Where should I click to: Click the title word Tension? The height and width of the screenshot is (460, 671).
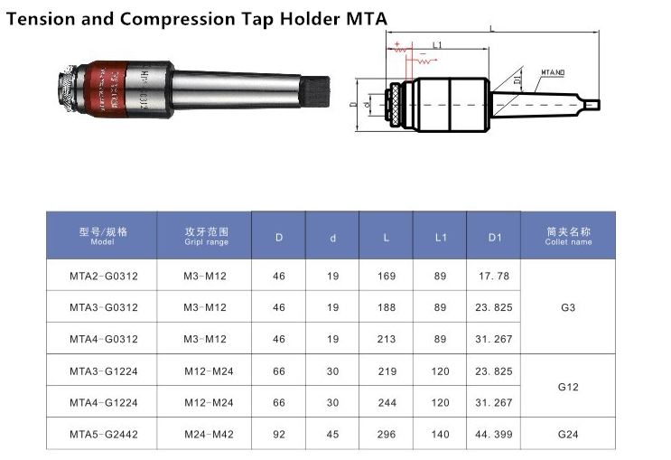(39, 16)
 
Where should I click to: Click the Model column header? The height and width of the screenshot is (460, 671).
(103, 236)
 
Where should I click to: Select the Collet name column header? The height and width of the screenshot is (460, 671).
(568, 236)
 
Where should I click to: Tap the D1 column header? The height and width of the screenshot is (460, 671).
(494, 237)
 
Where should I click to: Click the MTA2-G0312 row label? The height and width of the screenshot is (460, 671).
(103, 276)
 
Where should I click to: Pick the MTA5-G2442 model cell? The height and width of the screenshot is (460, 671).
(103, 434)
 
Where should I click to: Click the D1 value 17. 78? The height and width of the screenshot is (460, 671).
(494, 276)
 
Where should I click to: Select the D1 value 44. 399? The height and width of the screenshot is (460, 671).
(494, 434)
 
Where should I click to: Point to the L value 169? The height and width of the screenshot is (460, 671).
(386, 276)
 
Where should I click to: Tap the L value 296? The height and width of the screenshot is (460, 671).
(386, 434)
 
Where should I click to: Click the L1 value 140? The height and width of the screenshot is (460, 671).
(440, 434)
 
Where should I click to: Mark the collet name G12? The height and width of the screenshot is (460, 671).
(568, 386)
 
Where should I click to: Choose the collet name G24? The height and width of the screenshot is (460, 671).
(568, 434)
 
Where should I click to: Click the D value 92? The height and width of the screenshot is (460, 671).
(278, 434)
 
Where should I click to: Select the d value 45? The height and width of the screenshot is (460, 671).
(332, 434)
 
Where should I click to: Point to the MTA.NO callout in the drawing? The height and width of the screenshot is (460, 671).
(554, 70)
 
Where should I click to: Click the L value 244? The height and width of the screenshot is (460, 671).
(386, 402)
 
